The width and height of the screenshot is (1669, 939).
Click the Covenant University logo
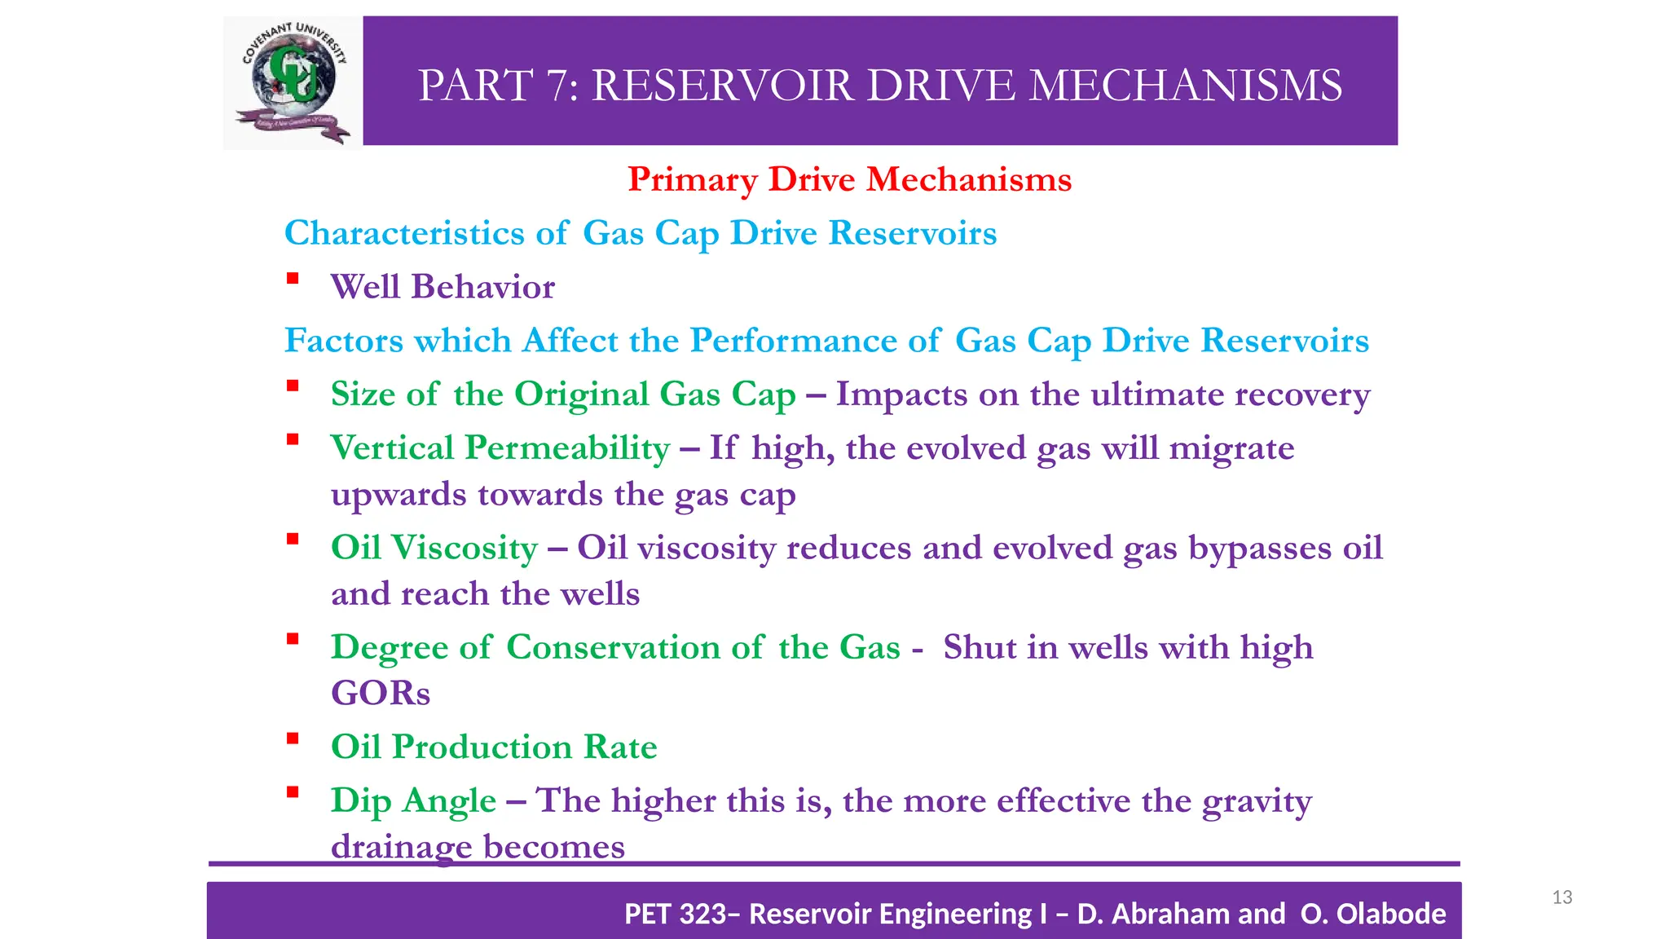(293, 83)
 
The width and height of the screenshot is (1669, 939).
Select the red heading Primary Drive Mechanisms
(849, 179)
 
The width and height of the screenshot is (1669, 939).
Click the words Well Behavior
(443, 287)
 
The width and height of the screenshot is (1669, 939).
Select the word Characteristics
(403, 233)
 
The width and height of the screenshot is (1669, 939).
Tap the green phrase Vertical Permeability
(500, 448)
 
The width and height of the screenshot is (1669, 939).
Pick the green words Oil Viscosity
(434, 548)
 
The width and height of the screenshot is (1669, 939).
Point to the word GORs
(380, 694)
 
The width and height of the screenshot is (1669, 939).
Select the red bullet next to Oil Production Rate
(293, 739)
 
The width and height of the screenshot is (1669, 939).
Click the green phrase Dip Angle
(412, 801)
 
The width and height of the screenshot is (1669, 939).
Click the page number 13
(1561, 897)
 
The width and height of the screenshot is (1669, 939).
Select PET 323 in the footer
(674, 914)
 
